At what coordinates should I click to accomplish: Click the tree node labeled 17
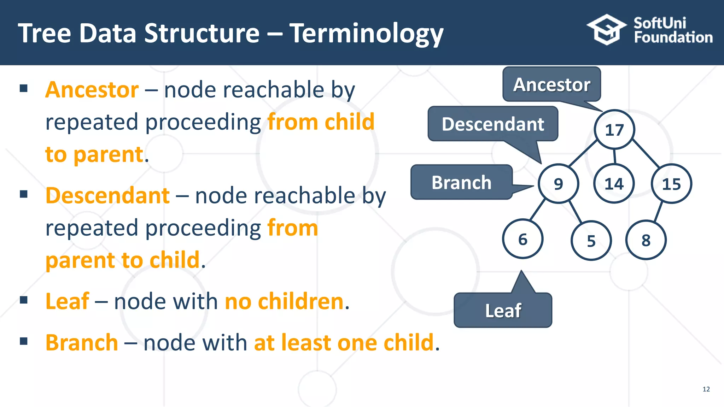[x=614, y=130]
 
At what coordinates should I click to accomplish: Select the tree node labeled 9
[x=558, y=183]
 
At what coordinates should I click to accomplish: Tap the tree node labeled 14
[x=614, y=183]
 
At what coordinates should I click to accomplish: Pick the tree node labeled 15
[x=671, y=184]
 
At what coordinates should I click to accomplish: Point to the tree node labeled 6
[x=522, y=239]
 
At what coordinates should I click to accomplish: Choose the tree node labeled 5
[x=591, y=241]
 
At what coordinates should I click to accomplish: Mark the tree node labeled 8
[x=646, y=240]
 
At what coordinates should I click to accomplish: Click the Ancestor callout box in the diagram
[x=551, y=84]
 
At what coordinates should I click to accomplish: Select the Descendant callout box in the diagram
[x=493, y=124]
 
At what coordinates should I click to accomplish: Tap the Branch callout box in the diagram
[x=461, y=182]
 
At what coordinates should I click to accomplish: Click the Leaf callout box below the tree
[x=503, y=310]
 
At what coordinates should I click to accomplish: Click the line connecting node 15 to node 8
[x=658, y=212]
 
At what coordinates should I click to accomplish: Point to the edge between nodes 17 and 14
[x=615, y=156]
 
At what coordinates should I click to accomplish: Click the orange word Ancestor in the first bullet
[x=92, y=89]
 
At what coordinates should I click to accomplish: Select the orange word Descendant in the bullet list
[x=107, y=195]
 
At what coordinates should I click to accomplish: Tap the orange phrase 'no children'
[x=284, y=301]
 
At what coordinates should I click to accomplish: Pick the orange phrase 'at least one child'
[x=344, y=342]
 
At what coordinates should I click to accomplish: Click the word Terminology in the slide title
[x=366, y=34]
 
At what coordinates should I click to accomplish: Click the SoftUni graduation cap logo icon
[x=606, y=30]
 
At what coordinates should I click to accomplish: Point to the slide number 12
[x=706, y=389]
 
